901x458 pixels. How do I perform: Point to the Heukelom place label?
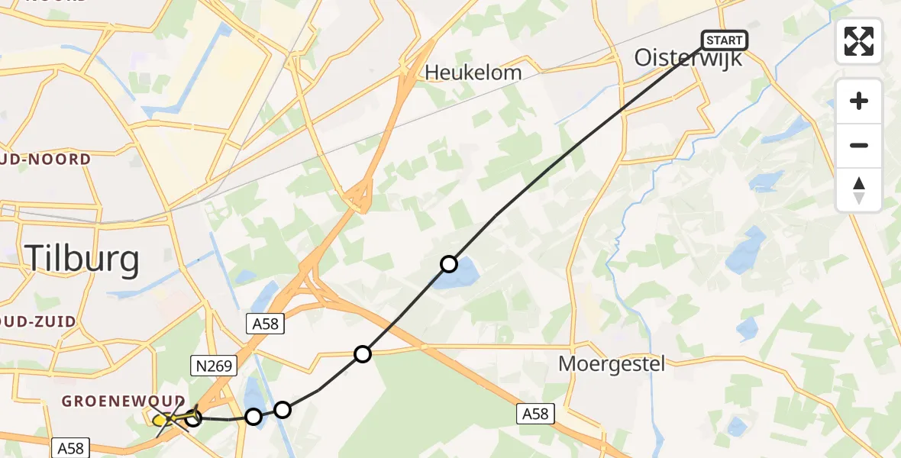click(x=473, y=73)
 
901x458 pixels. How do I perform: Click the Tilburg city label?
click(x=82, y=260)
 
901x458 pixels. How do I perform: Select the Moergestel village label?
click(x=612, y=363)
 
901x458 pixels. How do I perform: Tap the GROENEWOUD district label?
click(x=123, y=402)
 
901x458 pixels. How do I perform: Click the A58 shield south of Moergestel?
click(x=534, y=414)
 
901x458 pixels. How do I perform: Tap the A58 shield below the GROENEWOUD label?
click(x=72, y=447)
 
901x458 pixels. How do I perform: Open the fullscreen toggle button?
click(x=859, y=41)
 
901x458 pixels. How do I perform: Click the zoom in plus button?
click(x=859, y=101)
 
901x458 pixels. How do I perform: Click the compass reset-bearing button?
click(x=859, y=189)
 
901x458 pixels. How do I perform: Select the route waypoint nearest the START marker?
click(x=449, y=264)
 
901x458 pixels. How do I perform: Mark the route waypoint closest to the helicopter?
click(x=194, y=417)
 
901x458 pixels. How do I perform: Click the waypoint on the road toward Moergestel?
click(x=363, y=354)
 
